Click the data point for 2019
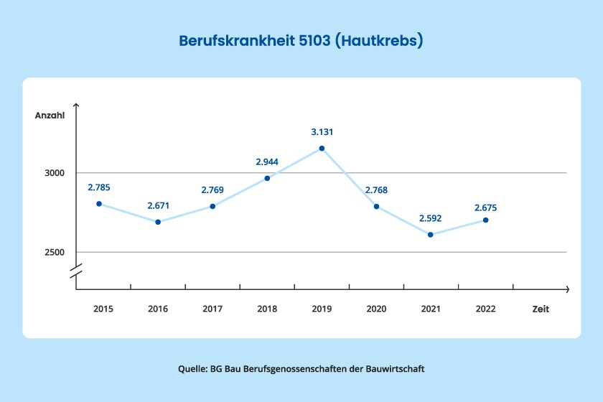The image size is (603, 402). point(322,149)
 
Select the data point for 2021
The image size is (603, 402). point(431,235)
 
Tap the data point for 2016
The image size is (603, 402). point(158,222)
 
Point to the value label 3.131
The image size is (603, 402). point(322,132)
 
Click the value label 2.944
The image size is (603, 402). point(267,162)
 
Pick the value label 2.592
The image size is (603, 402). point(431,219)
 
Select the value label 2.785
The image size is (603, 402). point(99,188)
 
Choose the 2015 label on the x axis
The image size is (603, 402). point(103,309)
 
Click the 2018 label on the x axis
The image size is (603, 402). point(267,309)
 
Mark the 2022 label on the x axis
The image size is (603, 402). point(485,309)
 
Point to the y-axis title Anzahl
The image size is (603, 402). point(50,116)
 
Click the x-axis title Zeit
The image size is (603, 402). point(541,309)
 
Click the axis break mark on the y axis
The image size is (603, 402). point(76,271)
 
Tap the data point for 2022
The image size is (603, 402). point(485,220)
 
